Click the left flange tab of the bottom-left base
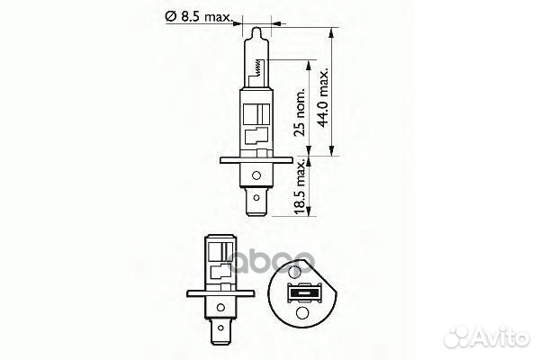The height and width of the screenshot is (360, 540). click(x=192, y=293)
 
